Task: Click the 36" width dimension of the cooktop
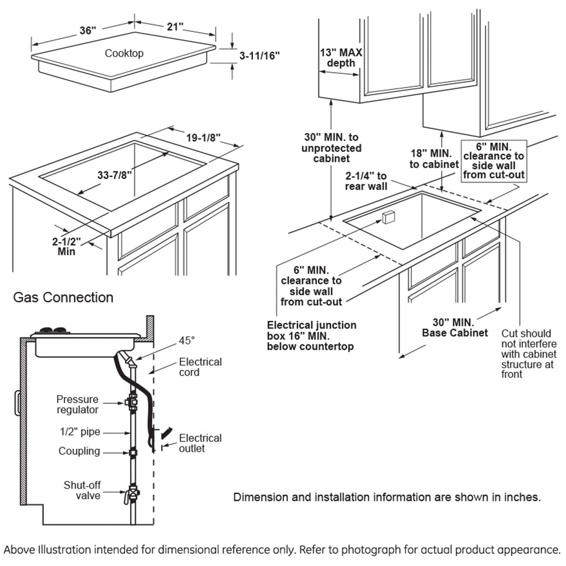point(88,30)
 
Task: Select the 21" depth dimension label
point(175,26)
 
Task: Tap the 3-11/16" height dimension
point(260,56)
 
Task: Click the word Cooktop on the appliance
point(124,53)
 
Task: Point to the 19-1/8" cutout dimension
point(203,137)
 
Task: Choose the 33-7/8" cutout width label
point(115,175)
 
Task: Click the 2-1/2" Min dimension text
point(66,246)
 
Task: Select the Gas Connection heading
point(63,297)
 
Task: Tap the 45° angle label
point(186,340)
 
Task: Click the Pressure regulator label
point(77,404)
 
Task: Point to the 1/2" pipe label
point(80,432)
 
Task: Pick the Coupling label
point(79,451)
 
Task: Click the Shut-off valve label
point(82,490)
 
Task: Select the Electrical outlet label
point(200,443)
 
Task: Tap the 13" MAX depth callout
point(341,57)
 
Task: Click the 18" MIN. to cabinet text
point(434,159)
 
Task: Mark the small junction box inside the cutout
point(388,217)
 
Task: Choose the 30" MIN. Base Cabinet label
point(455,328)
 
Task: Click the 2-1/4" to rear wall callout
point(366,181)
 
